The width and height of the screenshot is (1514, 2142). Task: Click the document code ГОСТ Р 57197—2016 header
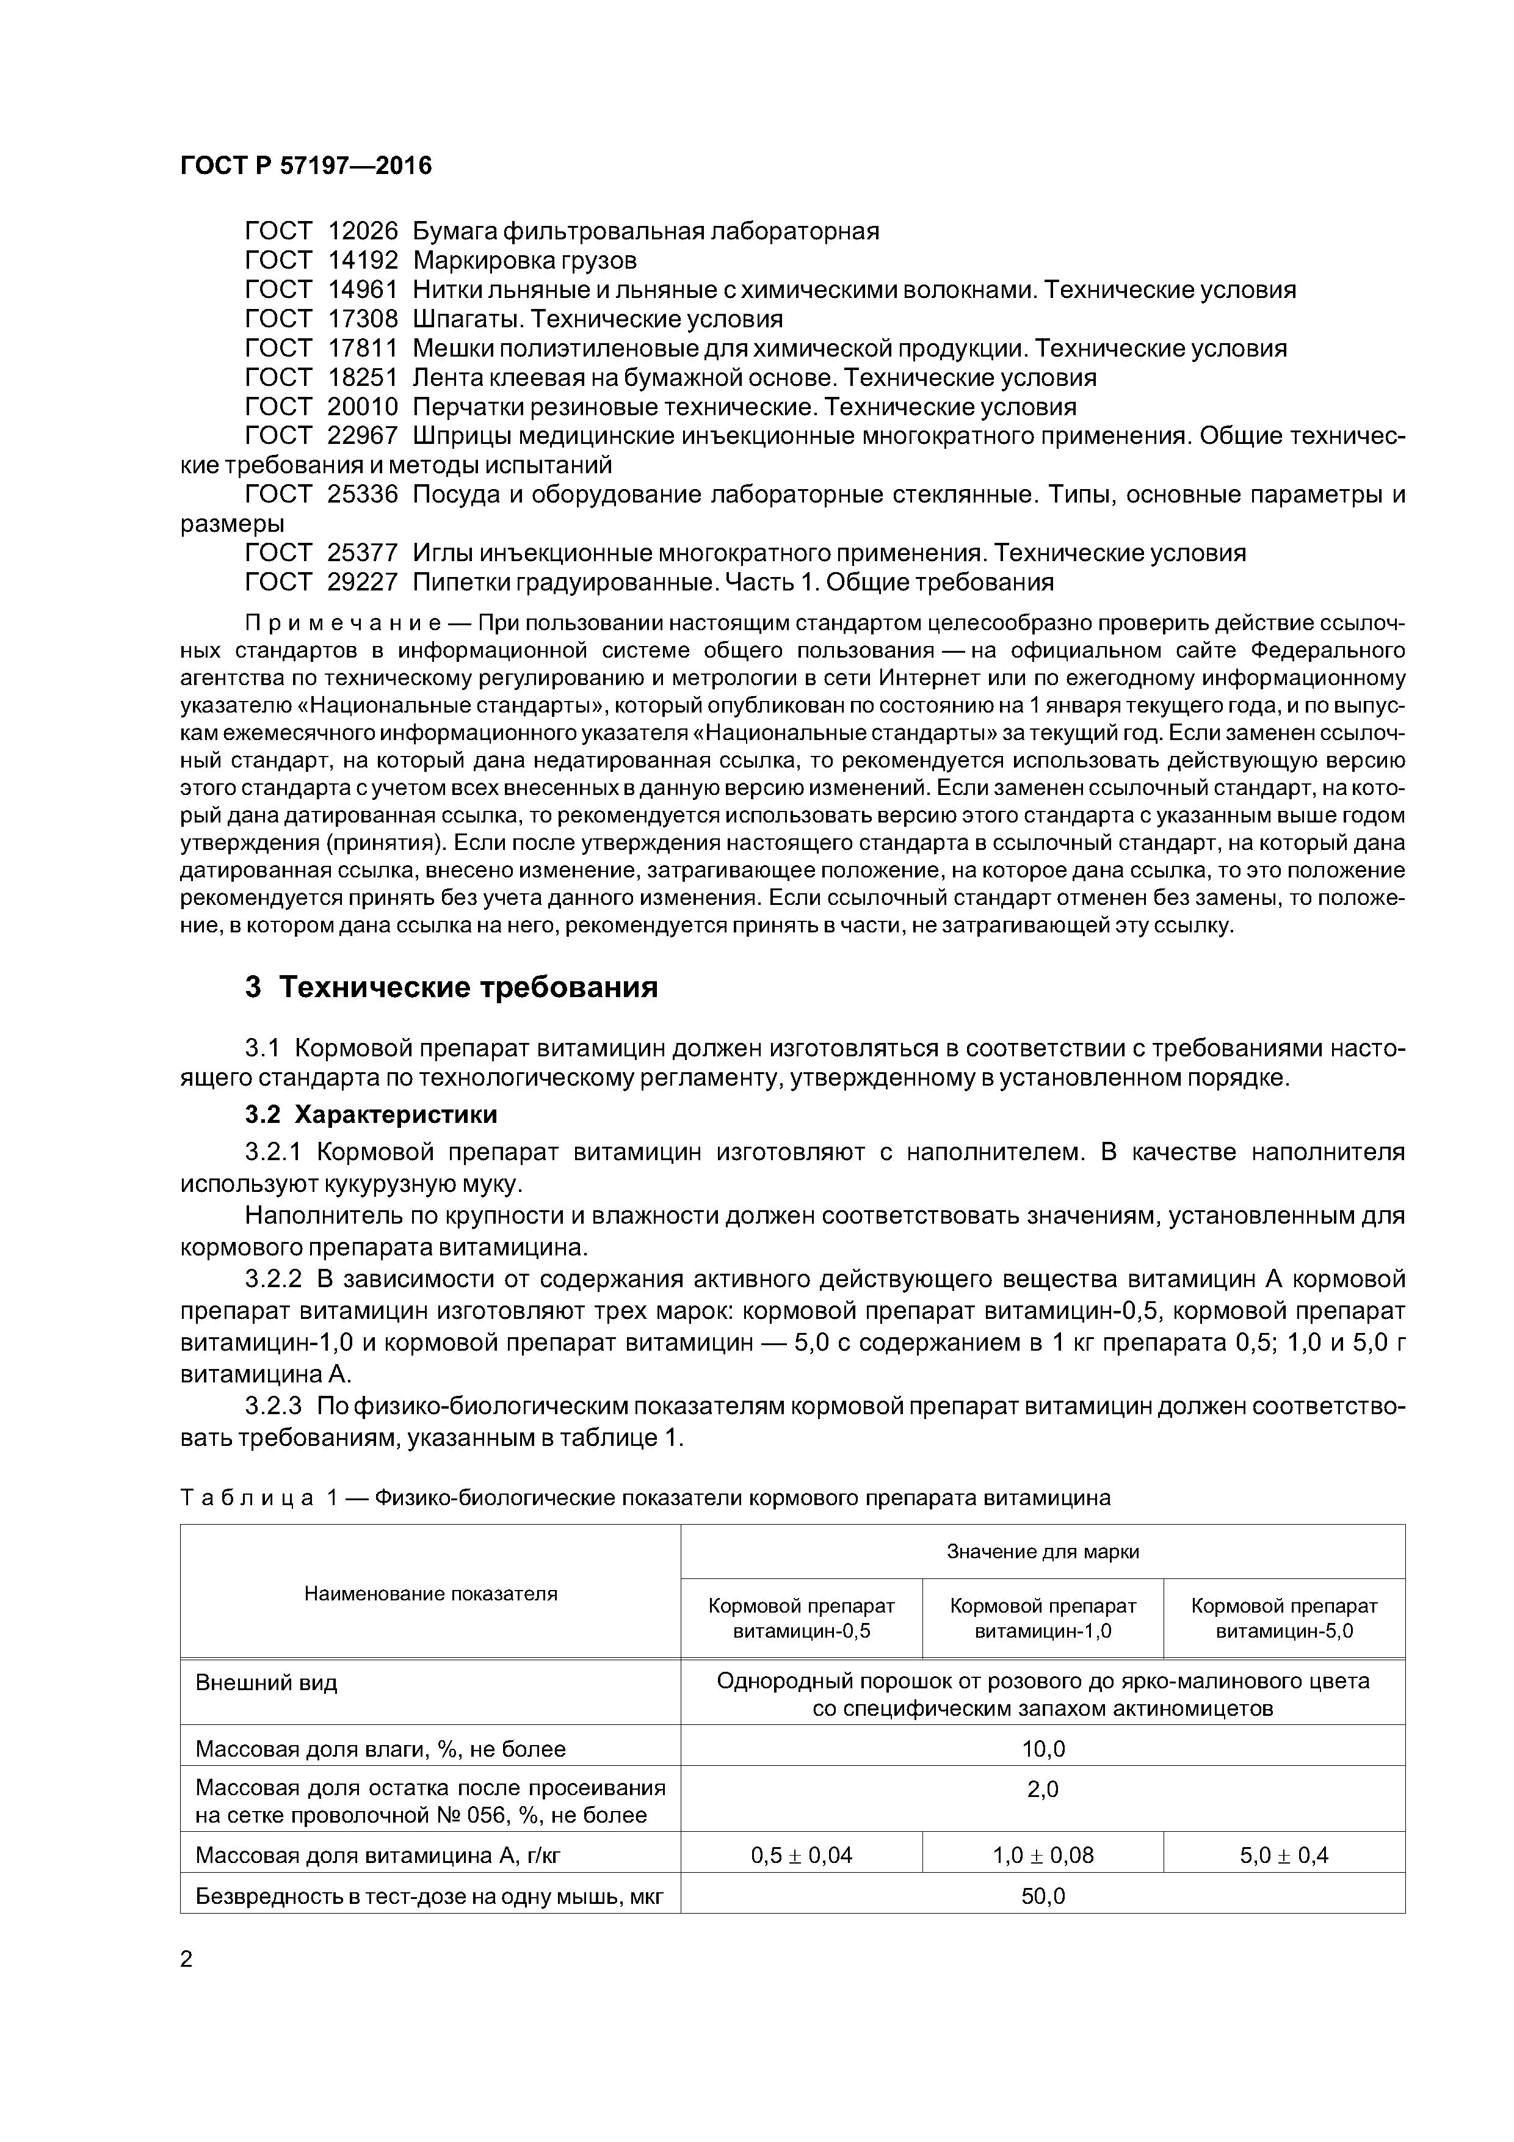pyautogui.click(x=306, y=166)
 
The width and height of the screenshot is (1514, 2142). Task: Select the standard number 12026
pyautogui.click(x=363, y=230)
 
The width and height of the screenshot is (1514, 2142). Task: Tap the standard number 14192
pyautogui.click(x=363, y=260)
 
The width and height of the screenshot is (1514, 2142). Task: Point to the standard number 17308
pyautogui.click(x=363, y=319)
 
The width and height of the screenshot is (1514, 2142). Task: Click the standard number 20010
pyautogui.click(x=363, y=407)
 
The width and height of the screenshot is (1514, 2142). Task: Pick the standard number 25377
pyautogui.click(x=363, y=553)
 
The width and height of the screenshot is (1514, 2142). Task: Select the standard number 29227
pyautogui.click(x=363, y=582)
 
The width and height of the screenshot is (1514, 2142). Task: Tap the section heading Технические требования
pyautogui.click(x=468, y=987)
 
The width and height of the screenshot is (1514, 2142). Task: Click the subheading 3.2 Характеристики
pyautogui.click(x=371, y=1115)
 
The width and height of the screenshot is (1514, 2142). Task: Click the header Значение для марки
pyautogui.click(x=1042, y=1552)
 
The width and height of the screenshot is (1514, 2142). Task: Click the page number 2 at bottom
pyautogui.click(x=187, y=1959)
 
